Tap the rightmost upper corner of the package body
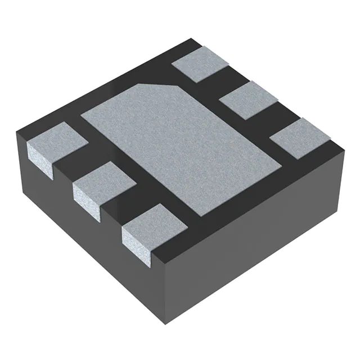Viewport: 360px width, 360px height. point(343,147)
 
